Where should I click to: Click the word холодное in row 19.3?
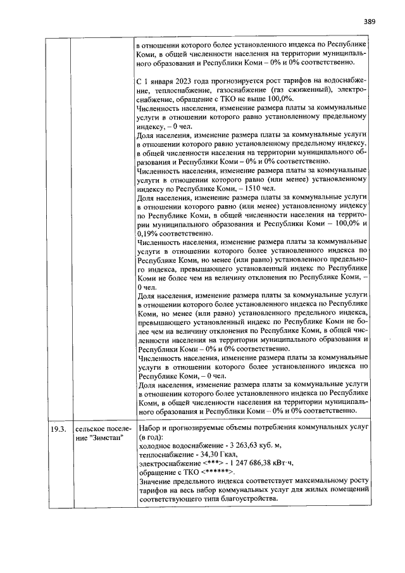pyautogui.click(x=154, y=445)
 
